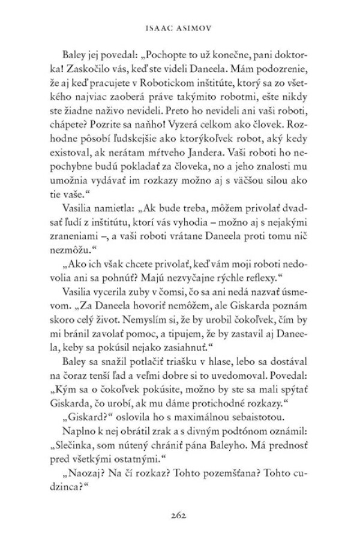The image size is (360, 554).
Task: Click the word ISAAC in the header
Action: [161, 27]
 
